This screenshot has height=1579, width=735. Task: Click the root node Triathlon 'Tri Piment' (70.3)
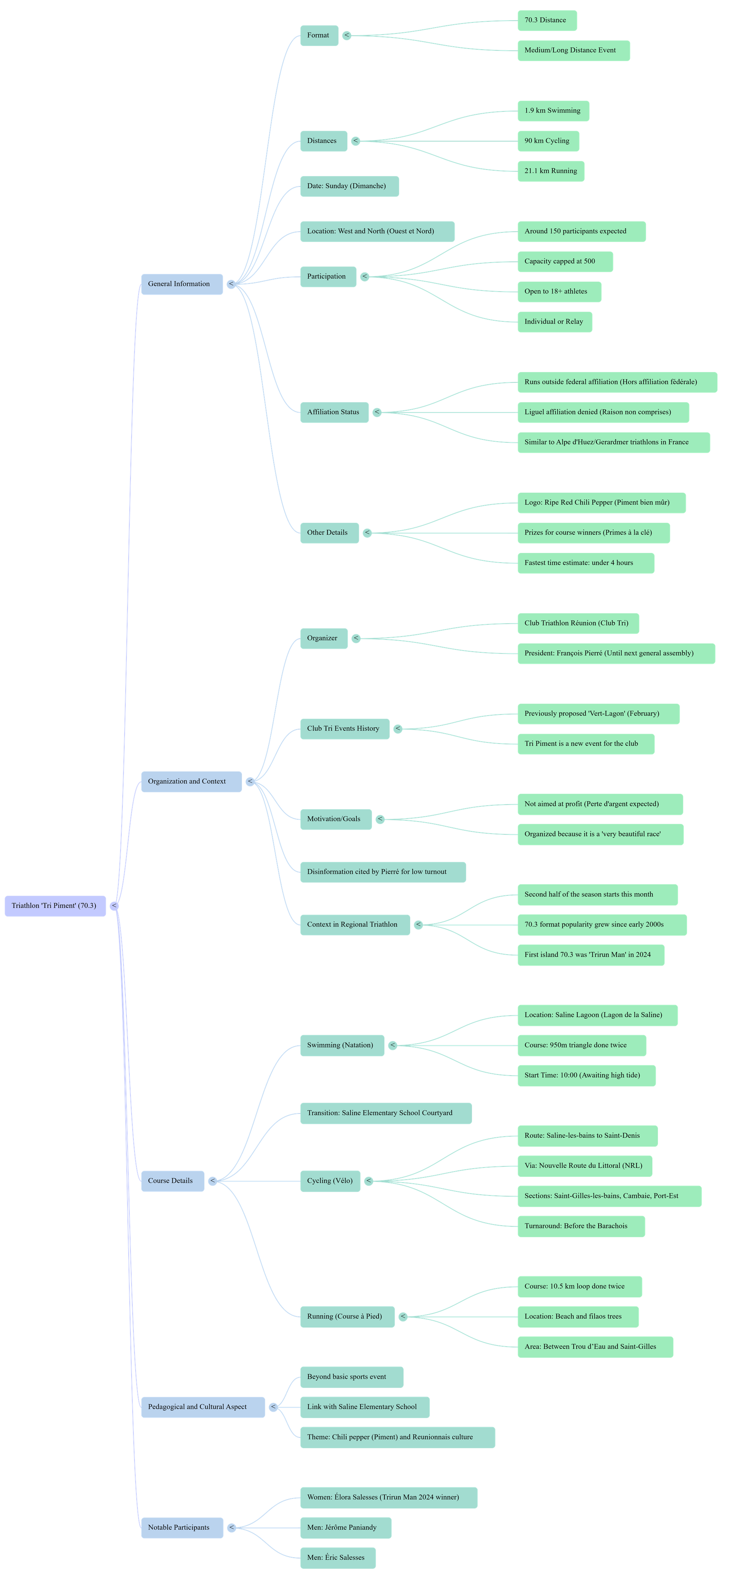coord(54,906)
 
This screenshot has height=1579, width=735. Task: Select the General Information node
coord(181,284)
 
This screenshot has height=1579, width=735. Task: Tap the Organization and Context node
coord(190,781)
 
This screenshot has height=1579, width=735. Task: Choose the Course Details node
coord(172,1180)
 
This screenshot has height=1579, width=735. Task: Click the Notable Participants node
coord(181,1528)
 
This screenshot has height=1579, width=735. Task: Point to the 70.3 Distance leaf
coord(546,20)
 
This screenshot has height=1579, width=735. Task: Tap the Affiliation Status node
coord(334,412)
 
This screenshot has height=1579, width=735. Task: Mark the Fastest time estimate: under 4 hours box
coord(585,563)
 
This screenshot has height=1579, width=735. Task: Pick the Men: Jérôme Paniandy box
coord(345,1528)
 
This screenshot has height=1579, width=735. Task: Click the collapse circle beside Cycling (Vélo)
coord(368,1181)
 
